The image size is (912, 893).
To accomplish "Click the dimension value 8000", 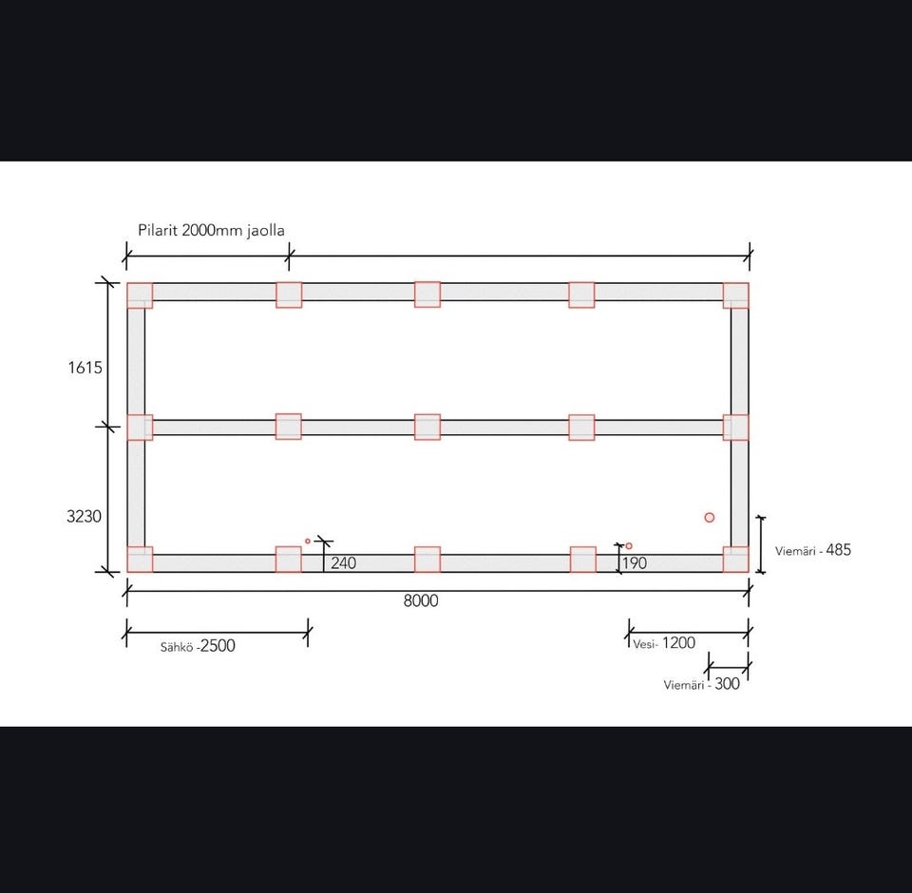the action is [421, 600].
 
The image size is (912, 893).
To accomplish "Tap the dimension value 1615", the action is [85, 368].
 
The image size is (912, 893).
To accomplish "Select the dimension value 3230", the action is [85, 516].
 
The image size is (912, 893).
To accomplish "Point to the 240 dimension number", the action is [343, 563].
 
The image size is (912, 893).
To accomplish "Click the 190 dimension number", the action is [635, 563].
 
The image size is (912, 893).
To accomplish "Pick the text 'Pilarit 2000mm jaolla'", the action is [211, 231].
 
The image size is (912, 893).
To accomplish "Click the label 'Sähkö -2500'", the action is [198, 646].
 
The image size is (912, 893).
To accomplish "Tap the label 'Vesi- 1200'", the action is [664, 643].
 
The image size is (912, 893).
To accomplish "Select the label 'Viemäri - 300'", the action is [701, 684].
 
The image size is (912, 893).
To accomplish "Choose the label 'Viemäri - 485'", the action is [813, 550].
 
